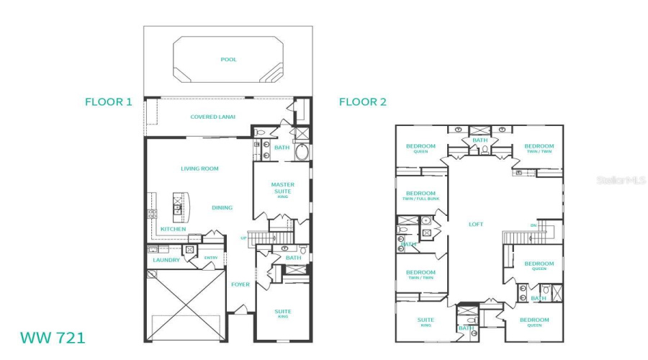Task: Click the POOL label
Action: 228,60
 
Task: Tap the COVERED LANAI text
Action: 212,117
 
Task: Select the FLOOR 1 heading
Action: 109,102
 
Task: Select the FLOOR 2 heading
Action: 363,102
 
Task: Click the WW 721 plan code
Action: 52,337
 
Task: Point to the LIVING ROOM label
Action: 199,168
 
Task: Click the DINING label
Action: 222,207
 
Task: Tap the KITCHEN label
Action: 173,229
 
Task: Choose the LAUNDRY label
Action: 166,260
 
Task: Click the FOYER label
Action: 240,284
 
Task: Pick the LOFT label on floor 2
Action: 476,224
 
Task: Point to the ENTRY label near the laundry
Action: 210,258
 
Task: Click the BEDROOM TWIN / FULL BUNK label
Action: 420,195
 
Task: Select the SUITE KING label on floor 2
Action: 426,323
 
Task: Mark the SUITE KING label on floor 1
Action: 282,314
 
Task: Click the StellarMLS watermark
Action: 621,180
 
